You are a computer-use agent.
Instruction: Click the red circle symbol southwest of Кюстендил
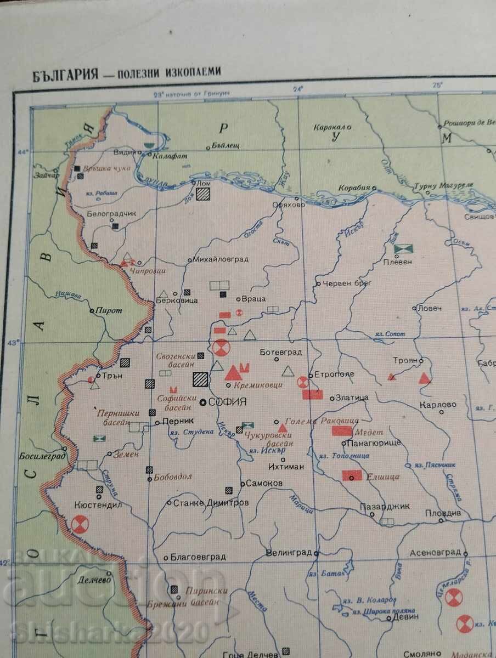pos(80,525)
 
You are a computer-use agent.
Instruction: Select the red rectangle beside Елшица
pos(352,475)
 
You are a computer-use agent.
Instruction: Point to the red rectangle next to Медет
pos(342,431)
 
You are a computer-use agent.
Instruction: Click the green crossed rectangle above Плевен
pos(403,249)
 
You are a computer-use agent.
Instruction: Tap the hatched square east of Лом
pos(204,194)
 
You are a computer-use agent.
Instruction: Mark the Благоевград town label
pos(198,557)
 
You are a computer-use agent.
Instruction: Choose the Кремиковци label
pos(257,385)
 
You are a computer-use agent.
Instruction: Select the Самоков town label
pos(265,484)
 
